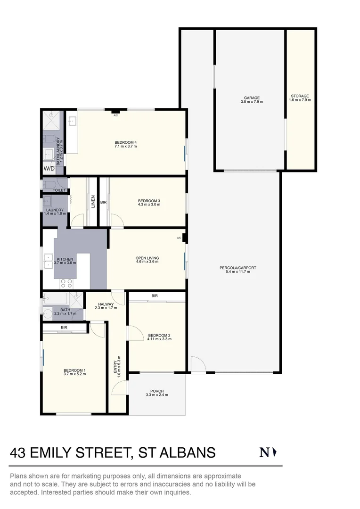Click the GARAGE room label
(252, 98)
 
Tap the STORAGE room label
(300, 96)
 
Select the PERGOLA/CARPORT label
(238, 268)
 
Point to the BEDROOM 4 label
(125, 142)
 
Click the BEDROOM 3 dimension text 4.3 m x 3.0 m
(149, 205)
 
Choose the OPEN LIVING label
(147, 258)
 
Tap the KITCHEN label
(65, 259)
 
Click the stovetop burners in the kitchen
(66, 284)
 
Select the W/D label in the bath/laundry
(49, 168)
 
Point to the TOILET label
(59, 190)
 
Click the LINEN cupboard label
(93, 201)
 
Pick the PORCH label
(157, 391)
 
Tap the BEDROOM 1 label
(74, 370)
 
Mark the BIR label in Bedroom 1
(64, 327)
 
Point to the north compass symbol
(268, 452)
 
